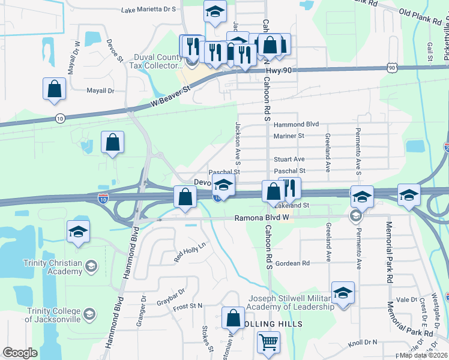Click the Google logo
[20, 353]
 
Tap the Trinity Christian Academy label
[52, 266]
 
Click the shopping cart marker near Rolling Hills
[268, 343]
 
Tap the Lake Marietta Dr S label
[148, 10]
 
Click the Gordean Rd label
[293, 263]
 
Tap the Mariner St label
[289, 136]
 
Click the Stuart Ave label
[289, 159]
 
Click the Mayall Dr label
[100, 91]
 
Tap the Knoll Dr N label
[363, 343]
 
